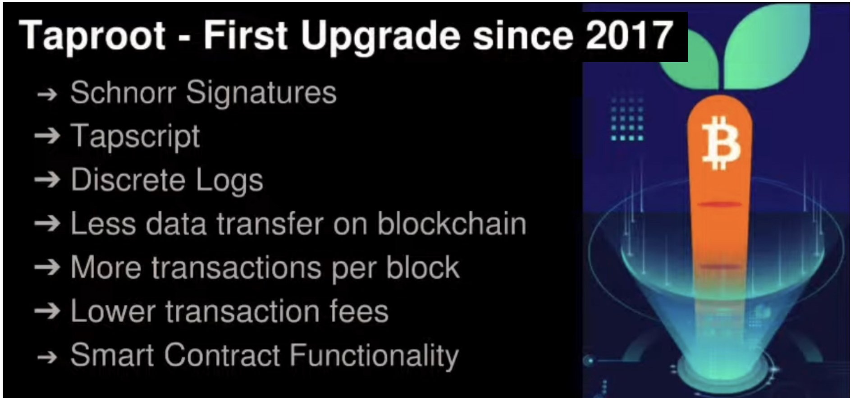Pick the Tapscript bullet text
[135, 136]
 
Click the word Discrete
[128, 180]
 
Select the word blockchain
[452, 223]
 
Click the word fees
[359, 311]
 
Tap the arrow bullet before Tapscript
[47, 136]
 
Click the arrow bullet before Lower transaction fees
[47, 311]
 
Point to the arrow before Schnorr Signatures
[47, 94]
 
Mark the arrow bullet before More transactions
[47, 267]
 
